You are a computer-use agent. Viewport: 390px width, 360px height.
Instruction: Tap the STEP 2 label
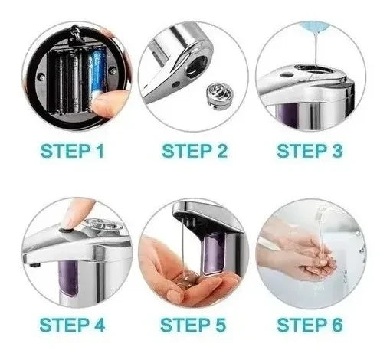pos(194,150)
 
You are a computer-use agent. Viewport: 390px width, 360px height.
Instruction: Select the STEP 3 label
pos(310,150)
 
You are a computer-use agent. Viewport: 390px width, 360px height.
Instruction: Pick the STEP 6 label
pos(310,325)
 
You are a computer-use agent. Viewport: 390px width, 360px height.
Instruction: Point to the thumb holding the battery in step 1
pos(112,103)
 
